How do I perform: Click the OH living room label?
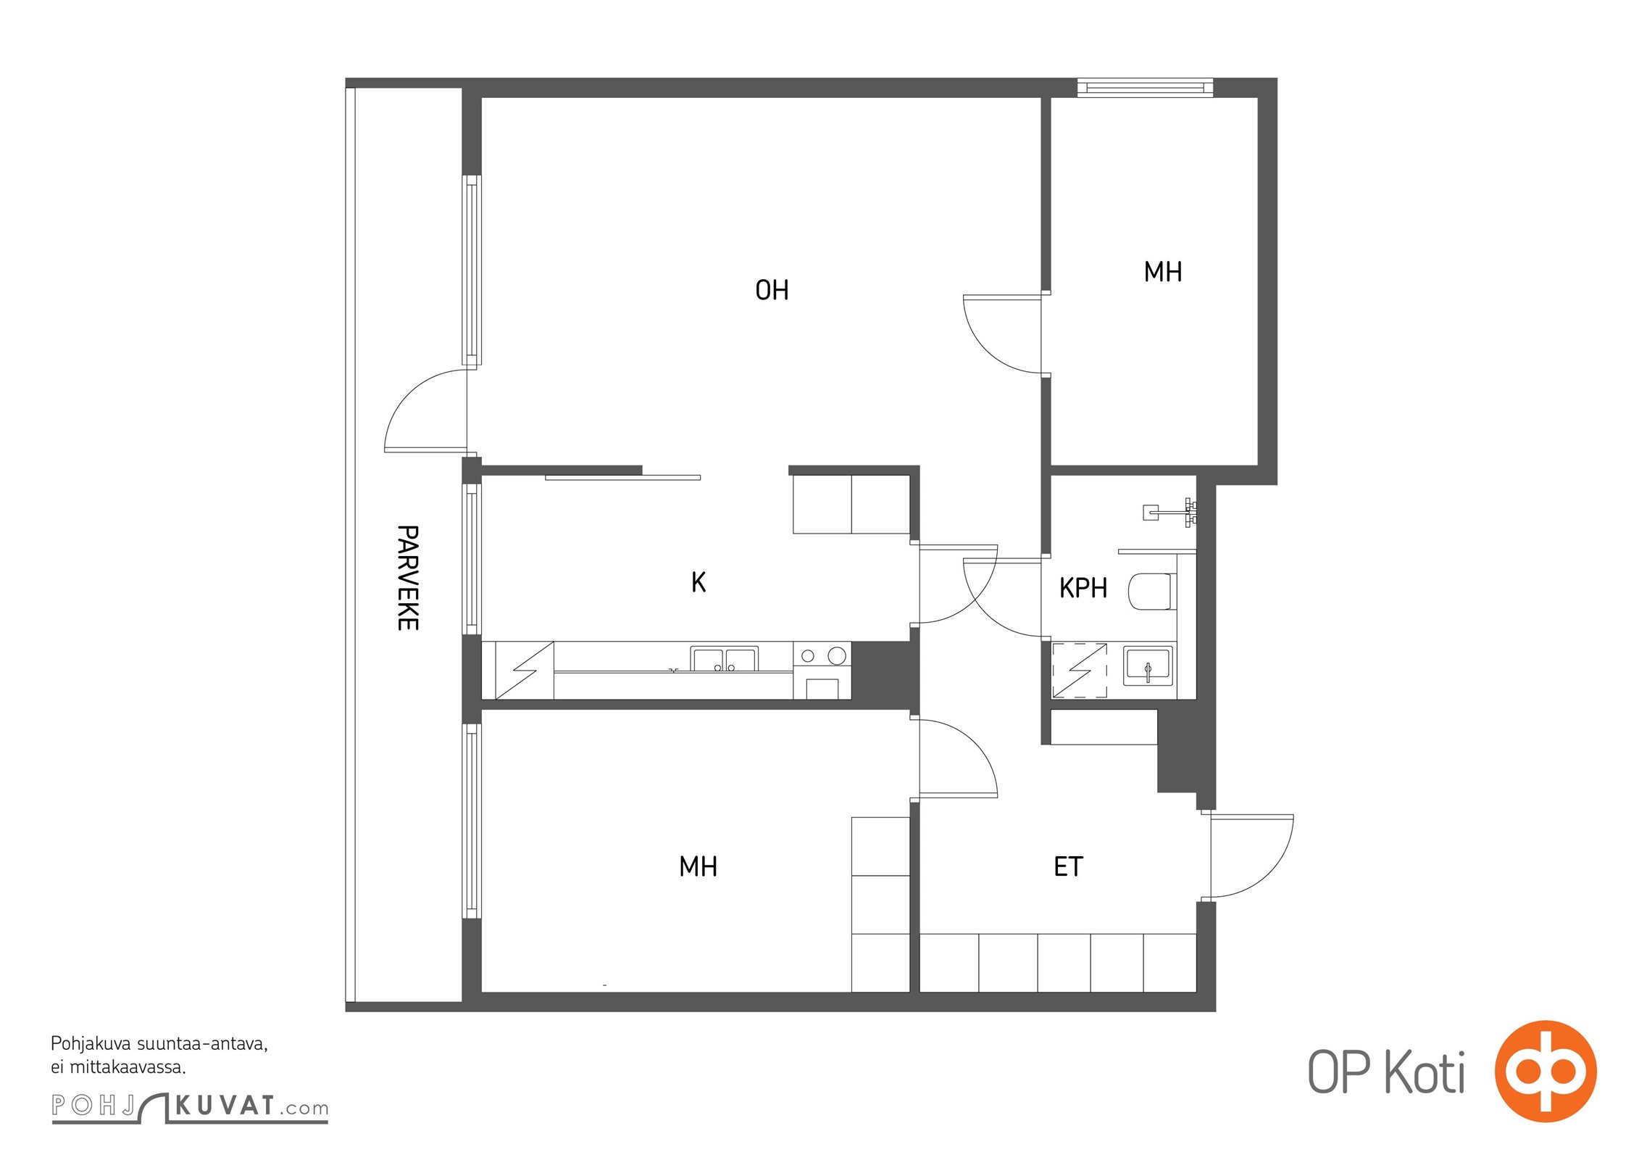tap(772, 290)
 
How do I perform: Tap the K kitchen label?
tap(698, 582)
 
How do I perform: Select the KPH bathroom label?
tap(1083, 588)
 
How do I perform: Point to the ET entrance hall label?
tap(1068, 866)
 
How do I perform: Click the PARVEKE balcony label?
tap(408, 578)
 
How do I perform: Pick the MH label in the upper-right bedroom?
tap(1163, 272)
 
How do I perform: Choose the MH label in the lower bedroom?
tap(698, 866)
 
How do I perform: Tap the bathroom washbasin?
tap(1148, 666)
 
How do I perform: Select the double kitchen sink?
tap(724, 659)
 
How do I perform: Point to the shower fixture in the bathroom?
tap(1169, 512)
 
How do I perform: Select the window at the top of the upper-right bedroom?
tap(1145, 88)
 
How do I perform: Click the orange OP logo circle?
tap(1546, 1071)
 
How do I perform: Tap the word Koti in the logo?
tap(1425, 1072)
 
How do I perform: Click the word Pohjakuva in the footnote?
tap(91, 1045)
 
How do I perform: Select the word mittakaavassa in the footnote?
tap(128, 1067)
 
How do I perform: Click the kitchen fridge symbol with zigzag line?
tap(517, 671)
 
